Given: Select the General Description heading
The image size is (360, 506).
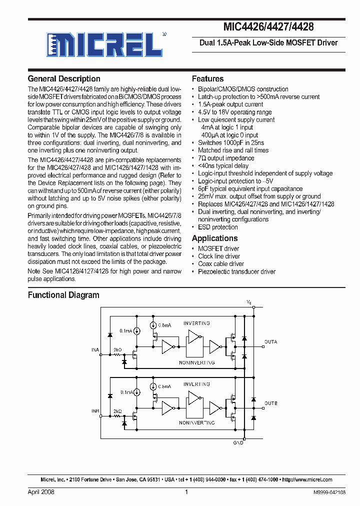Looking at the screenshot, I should (64, 79).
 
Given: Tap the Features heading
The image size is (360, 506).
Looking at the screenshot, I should (207, 79).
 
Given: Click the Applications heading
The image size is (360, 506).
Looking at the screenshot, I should (214, 238).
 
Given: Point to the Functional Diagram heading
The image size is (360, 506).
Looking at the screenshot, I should (63, 295).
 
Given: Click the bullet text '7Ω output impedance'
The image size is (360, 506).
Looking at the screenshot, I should (226, 158).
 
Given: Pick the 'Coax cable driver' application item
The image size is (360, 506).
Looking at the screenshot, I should (221, 264).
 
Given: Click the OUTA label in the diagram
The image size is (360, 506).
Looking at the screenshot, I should (270, 342).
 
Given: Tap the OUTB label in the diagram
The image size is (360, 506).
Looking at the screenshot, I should (270, 403).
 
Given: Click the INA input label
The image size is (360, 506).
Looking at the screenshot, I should (95, 349).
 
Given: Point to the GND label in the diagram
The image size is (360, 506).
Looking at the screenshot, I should (238, 443).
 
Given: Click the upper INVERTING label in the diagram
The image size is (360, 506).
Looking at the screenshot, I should (196, 323).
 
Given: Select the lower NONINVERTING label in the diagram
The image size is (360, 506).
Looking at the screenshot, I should (196, 423).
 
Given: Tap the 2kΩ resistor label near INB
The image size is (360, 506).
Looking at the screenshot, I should (118, 411).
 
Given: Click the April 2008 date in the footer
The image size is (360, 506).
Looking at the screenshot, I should (41, 492).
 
